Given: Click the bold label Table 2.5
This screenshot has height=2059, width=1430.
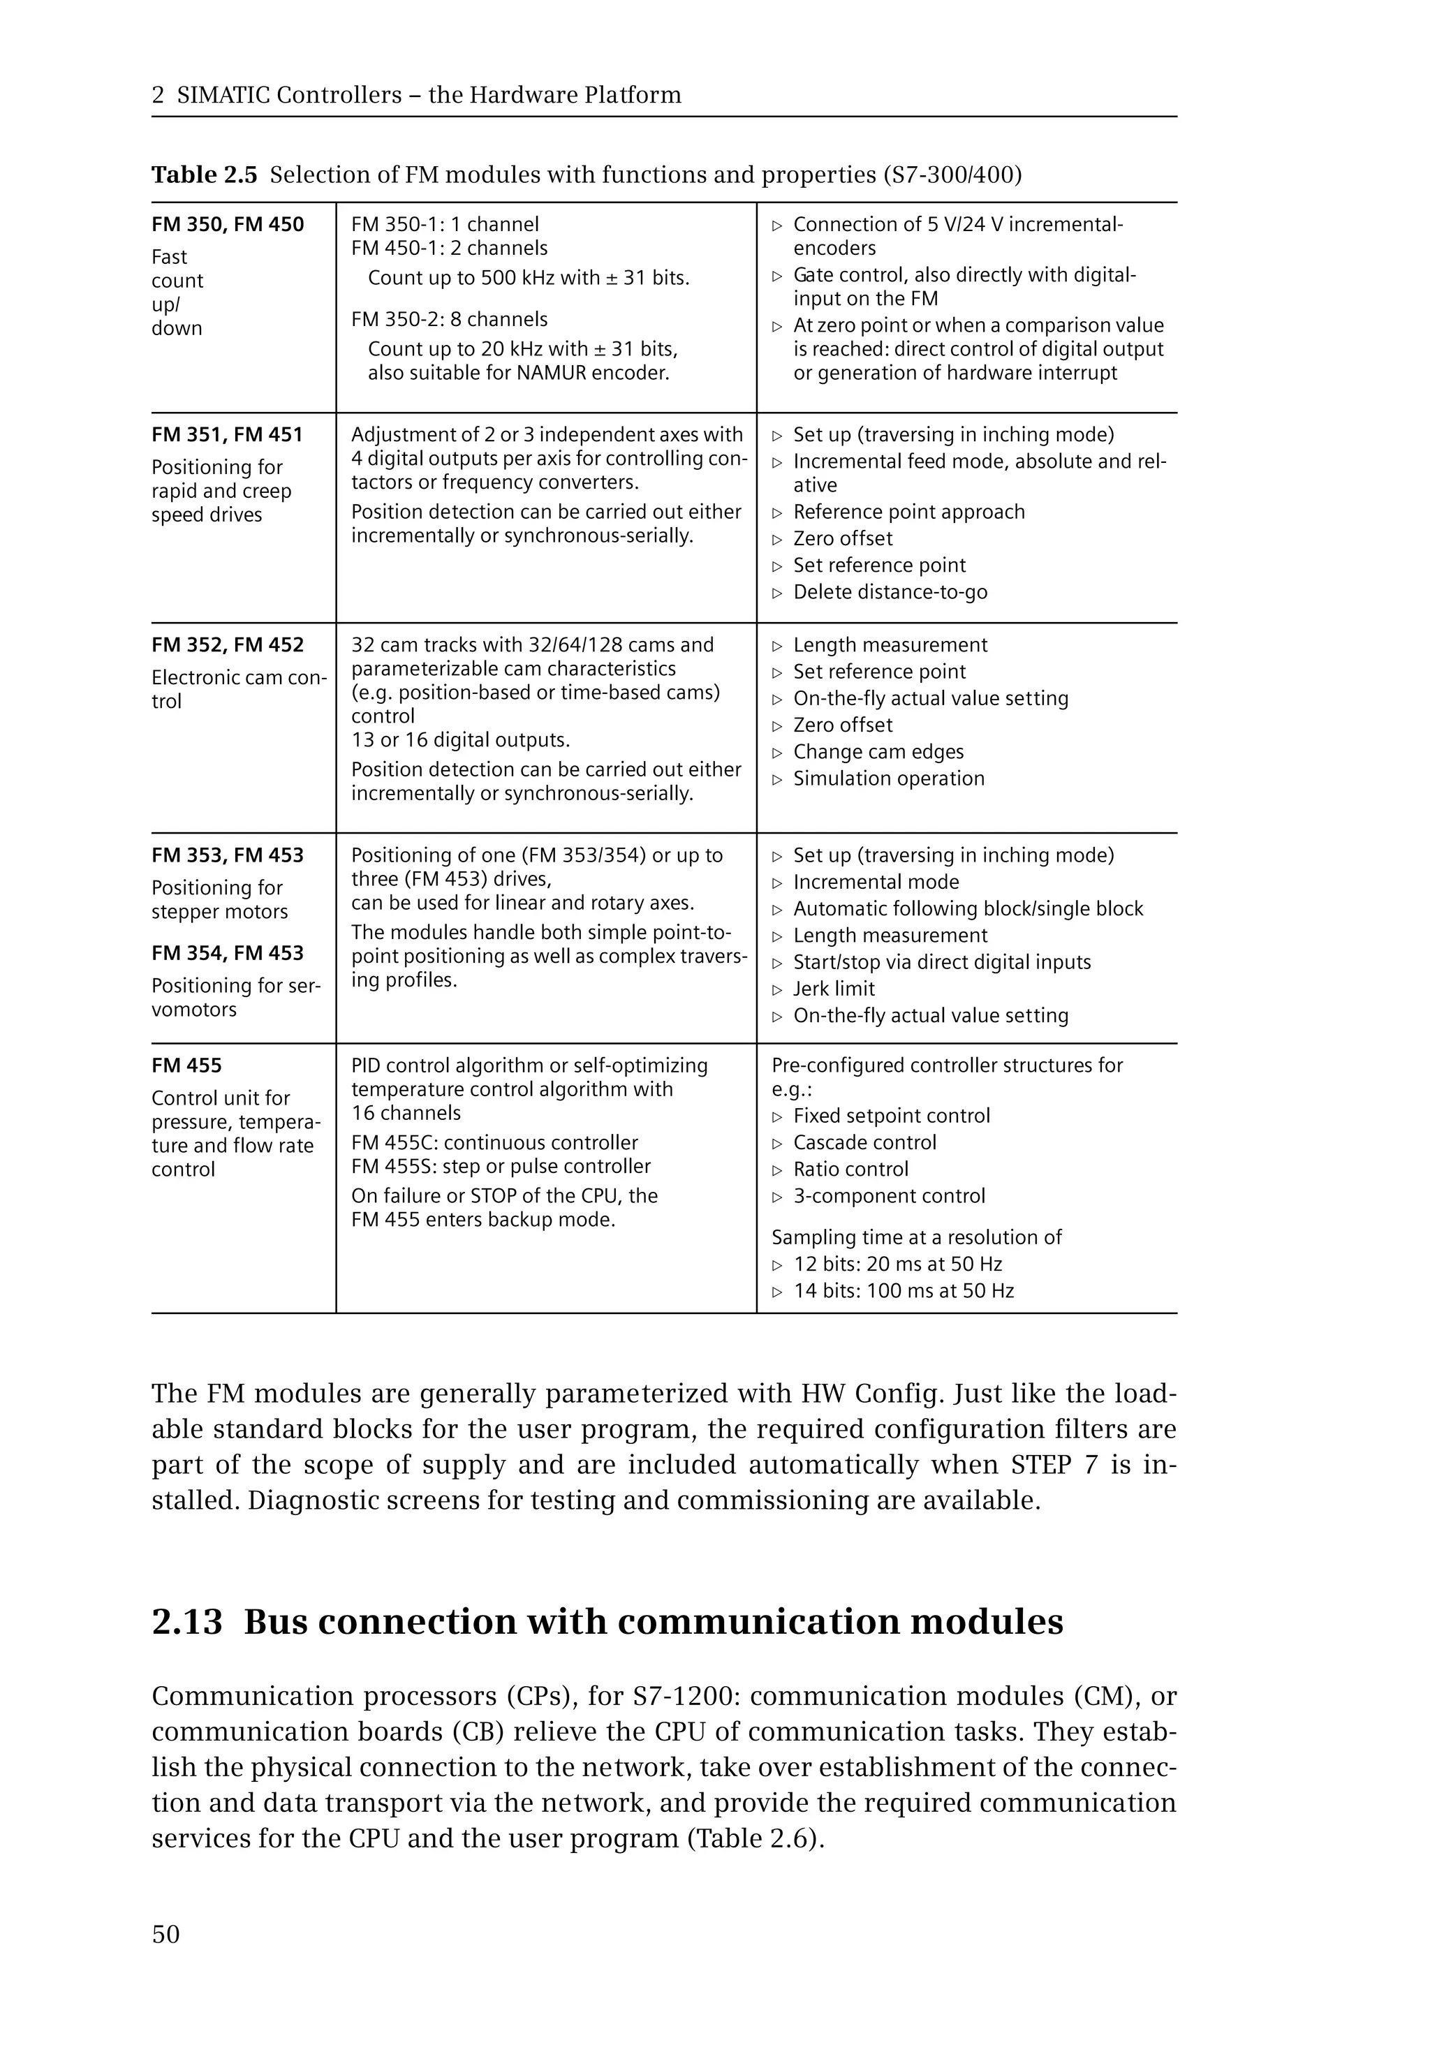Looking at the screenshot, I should click(205, 175).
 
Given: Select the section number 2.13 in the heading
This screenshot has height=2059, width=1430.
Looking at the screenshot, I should click(186, 1623).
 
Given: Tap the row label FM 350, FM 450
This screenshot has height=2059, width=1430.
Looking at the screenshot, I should click(228, 225).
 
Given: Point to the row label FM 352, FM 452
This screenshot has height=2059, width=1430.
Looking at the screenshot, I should click(228, 645).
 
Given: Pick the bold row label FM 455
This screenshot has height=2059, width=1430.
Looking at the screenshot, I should click(186, 1066).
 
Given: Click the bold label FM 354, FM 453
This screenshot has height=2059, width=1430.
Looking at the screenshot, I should click(228, 953).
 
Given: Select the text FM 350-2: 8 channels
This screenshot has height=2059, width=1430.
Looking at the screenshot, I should click(449, 320).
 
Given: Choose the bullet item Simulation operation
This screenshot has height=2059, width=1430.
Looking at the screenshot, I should click(888, 778).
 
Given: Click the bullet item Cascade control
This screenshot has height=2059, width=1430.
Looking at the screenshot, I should click(864, 1143).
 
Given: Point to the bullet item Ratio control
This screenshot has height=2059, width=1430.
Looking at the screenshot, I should click(850, 1170).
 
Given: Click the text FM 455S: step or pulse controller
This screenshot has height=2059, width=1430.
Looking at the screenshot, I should click(501, 1167).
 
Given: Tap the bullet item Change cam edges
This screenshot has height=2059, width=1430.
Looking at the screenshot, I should click(878, 753).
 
